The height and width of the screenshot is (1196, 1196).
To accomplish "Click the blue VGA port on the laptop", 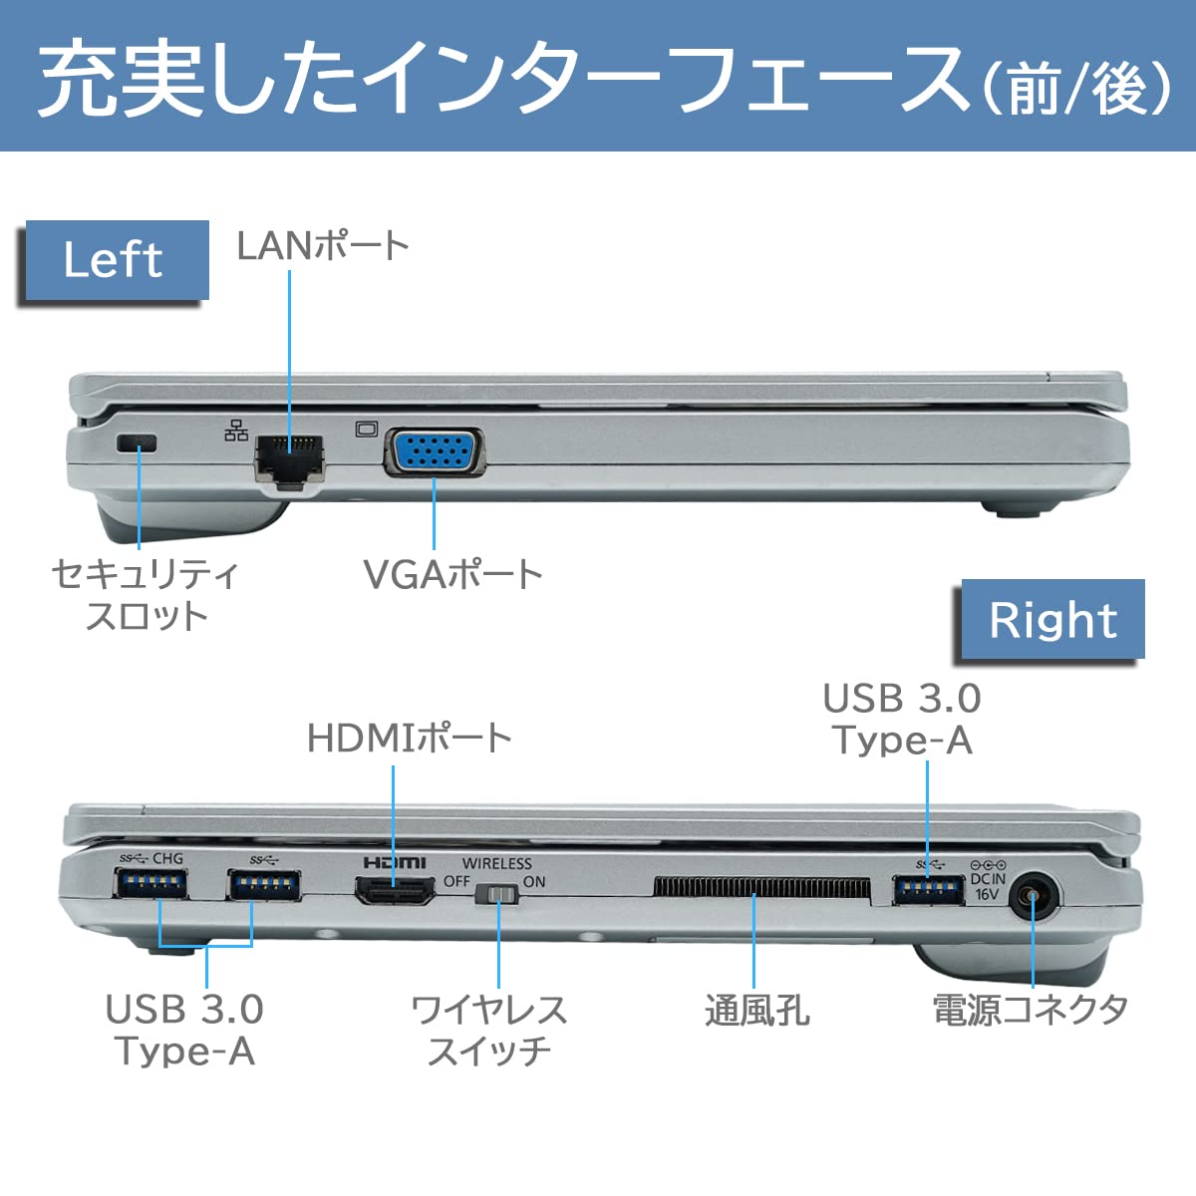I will (435, 453).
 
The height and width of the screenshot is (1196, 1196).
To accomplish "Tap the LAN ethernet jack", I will (290, 457).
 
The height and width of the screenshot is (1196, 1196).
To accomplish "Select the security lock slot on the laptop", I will (138, 444).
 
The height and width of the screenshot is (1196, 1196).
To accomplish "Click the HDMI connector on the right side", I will (395, 889).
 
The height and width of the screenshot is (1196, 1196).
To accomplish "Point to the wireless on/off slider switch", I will (497, 895).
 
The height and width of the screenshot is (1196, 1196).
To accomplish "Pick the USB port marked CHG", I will (150, 885).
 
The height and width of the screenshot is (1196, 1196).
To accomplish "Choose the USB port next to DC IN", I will (928, 889).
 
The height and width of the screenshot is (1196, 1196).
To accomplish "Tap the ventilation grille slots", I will (762, 887).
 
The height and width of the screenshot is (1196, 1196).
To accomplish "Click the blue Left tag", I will (113, 260).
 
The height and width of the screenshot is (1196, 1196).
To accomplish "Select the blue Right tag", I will (1052, 620).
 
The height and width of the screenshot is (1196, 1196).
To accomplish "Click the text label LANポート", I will (323, 245).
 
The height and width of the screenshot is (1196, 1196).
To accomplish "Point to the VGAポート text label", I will (452, 574).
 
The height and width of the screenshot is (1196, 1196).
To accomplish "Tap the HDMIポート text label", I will (410, 738).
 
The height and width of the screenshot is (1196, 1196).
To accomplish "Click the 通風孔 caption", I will (757, 1011).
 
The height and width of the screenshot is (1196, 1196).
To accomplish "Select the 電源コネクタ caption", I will (1031, 1009).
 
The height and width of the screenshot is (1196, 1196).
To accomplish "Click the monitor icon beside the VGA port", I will (366, 429).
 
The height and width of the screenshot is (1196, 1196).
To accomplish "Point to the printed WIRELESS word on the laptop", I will (496, 863).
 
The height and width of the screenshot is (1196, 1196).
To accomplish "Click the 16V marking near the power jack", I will (987, 894).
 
